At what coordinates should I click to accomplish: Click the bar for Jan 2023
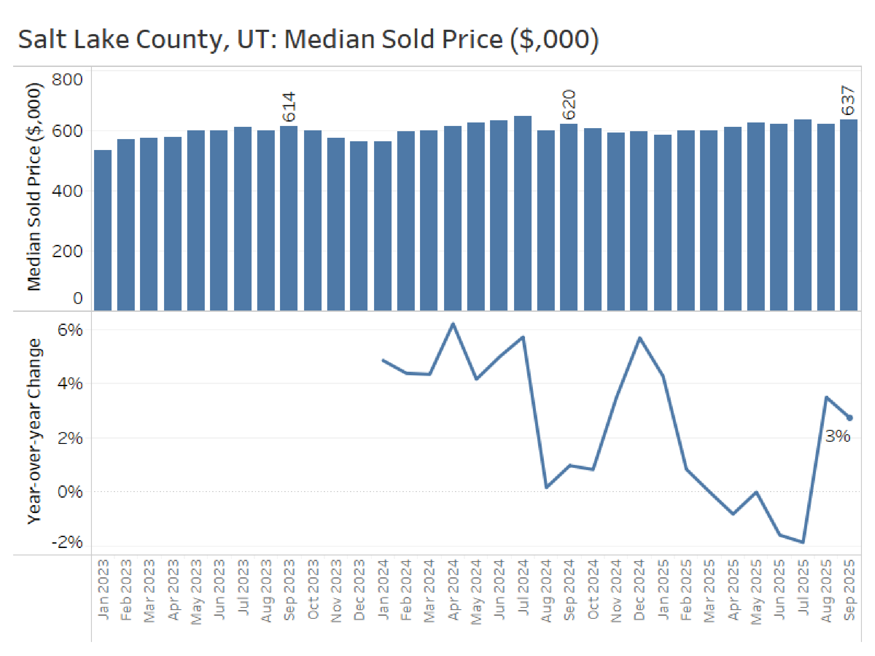[x=103, y=230]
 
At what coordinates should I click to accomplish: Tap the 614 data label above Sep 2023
[x=289, y=107]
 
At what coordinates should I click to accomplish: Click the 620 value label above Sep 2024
[x=569, y=105]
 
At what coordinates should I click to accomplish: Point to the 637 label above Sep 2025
[x=848, y=101]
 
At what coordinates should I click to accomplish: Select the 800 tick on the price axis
[x=67, y=80]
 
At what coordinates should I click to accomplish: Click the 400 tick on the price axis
[x=67, y=191]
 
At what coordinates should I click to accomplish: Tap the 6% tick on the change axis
[x=70, y=330]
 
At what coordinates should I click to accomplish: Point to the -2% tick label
[x=67, y=542]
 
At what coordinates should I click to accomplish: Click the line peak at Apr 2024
[x=453, y=324]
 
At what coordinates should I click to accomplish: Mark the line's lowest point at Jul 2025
[x=803, y=542]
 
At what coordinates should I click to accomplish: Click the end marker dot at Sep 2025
[x=850, y=418]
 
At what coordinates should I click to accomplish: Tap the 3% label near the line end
[x=837, y=436]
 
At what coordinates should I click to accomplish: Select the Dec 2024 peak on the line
[x=640, y=338]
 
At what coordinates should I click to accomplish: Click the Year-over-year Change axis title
[x=34, y=431]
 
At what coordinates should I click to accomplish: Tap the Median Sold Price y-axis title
[x=34, y=187]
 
